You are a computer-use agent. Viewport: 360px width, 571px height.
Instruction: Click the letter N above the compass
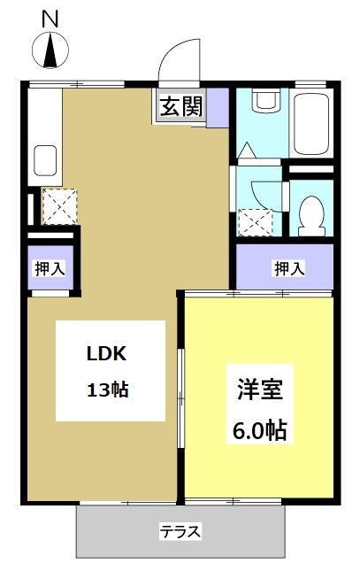(x=50, y=17)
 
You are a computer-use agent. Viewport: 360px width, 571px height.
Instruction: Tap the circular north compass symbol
(x=50, y=50)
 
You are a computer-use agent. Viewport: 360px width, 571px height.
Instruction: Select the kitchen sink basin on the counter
(x=45, y=162)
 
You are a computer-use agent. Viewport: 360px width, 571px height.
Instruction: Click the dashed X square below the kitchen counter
(x=60, y=206)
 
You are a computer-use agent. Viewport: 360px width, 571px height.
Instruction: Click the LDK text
(x=108, y=353)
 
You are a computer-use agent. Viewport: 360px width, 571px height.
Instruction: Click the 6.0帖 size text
(x=259, y=431)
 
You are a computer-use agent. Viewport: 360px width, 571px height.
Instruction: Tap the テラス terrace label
(x=180, y=531)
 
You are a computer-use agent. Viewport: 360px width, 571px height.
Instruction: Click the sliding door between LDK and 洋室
(x=180, y=398)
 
